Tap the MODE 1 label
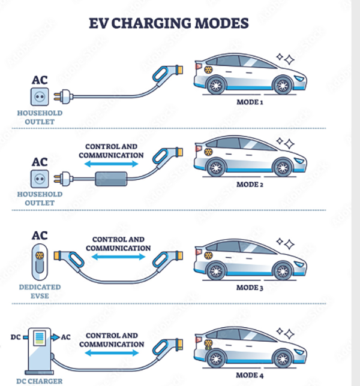click(250, 102)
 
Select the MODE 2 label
click(250, 185)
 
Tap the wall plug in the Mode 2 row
click(63, 177)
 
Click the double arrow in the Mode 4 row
click(114, 354)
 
